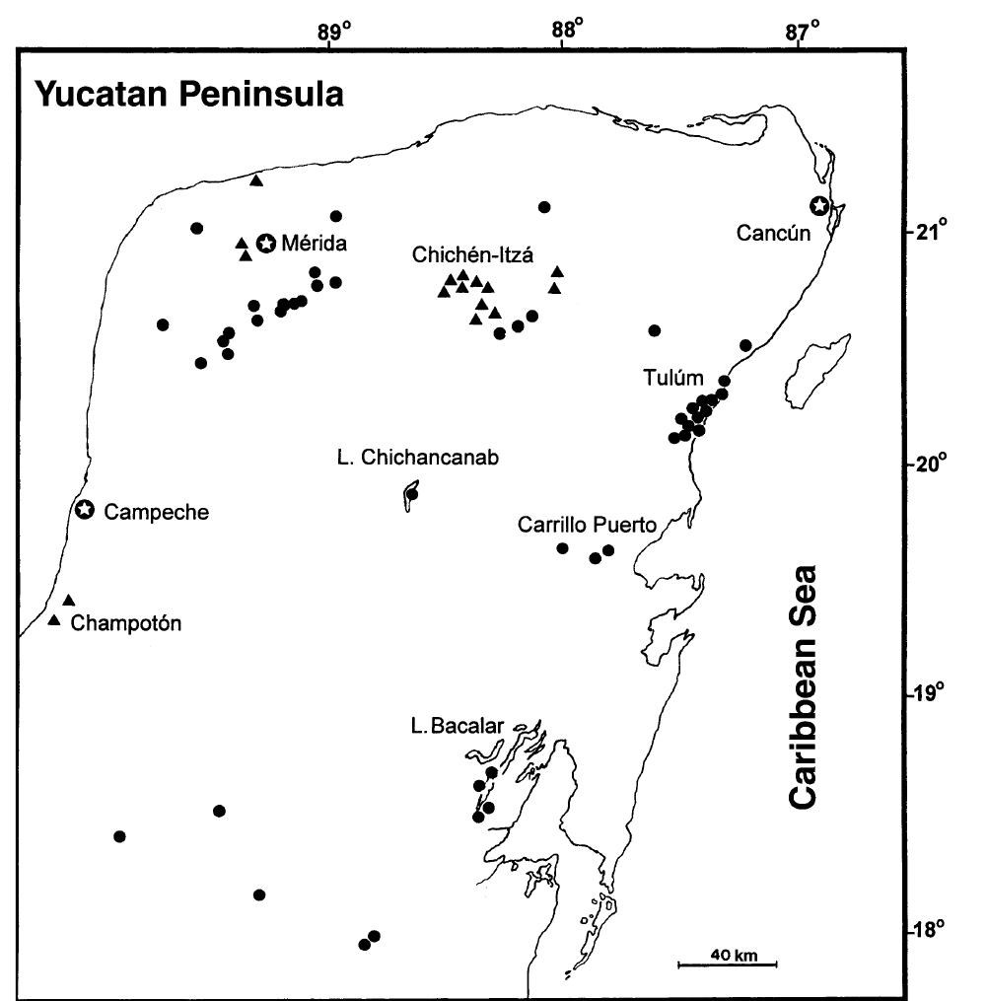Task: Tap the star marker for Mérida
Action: (x=265, y=243)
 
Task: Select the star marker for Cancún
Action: (x=818, y=205)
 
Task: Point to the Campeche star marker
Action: (x=85, y=510)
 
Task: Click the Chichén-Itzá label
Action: (x=473, y=255)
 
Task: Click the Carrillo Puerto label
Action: (x=587, y=525)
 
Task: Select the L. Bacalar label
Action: (x=457, y=727)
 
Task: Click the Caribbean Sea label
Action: (x=805, y=686)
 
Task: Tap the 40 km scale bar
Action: (x=727, y=963)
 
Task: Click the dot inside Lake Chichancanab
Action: (x=412, y=494)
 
